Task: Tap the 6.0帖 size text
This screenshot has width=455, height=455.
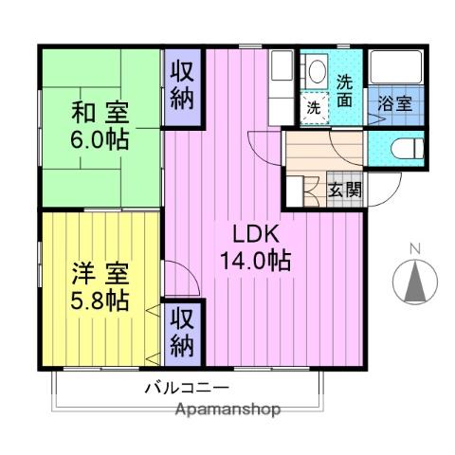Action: [100, 140]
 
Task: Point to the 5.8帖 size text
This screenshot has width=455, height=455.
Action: [100, 301]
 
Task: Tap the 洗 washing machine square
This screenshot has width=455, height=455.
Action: [314, 107]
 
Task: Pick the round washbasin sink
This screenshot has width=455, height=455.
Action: [316, 70]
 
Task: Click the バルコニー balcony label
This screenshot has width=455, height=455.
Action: [187, 388]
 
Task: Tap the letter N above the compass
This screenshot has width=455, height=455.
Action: [414, 250]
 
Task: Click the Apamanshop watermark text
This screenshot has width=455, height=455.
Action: [228, 409]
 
